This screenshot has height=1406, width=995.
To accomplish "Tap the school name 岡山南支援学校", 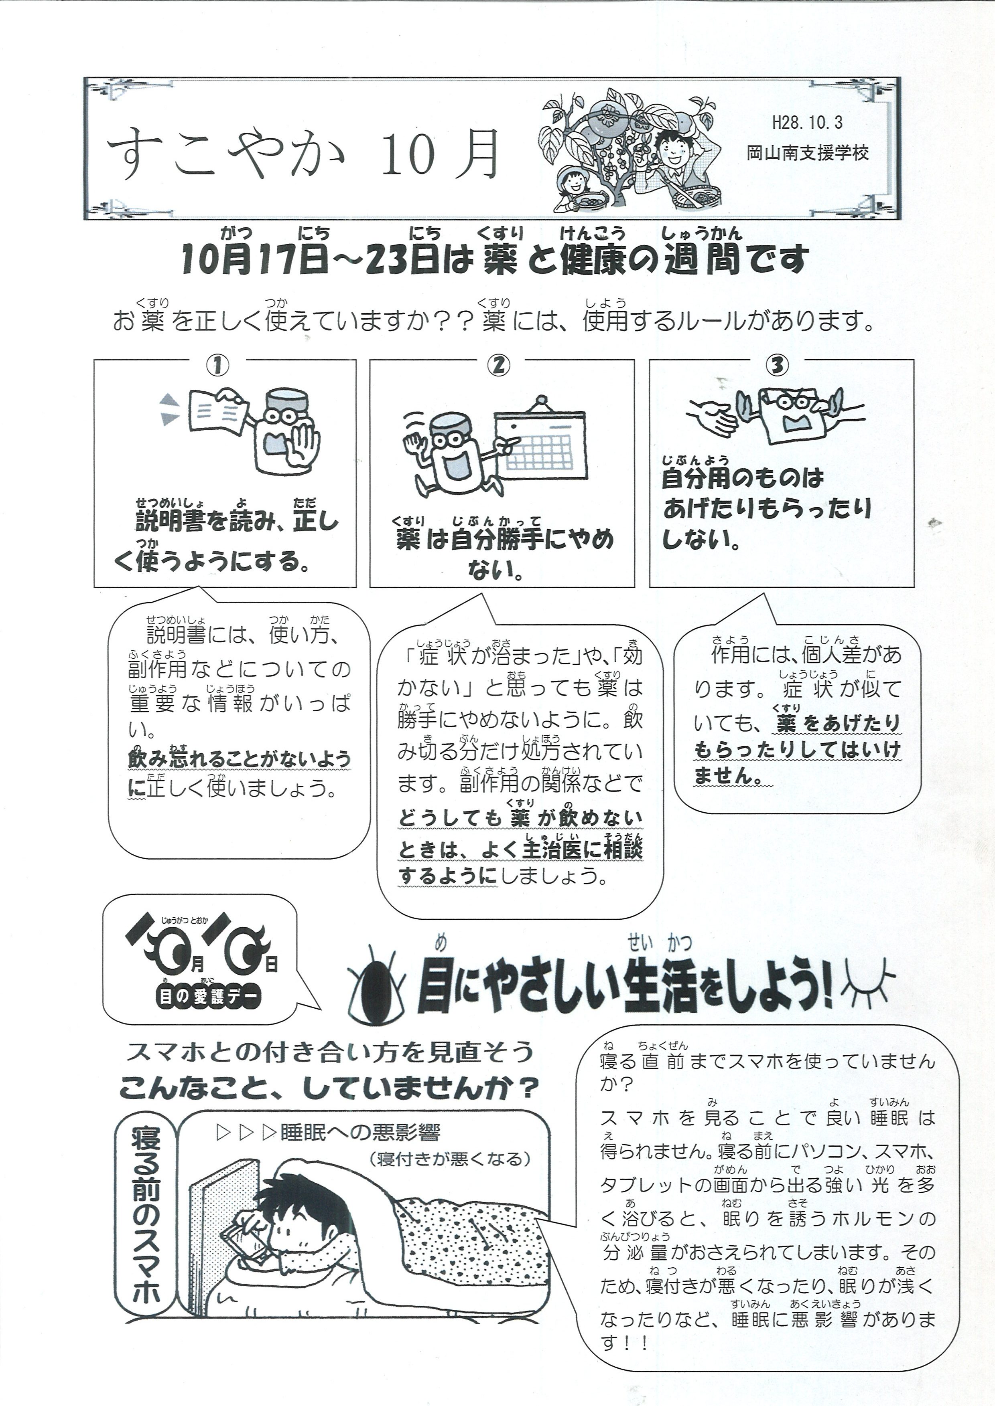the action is coord(808,152).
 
